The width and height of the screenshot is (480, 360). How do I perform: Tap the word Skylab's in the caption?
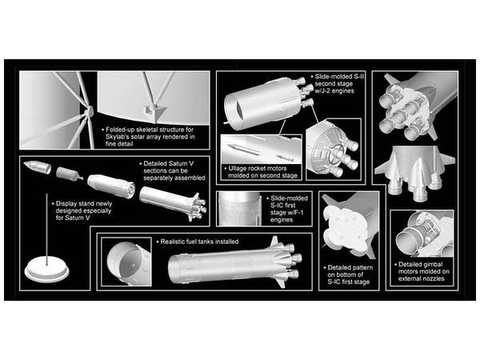point(118,137)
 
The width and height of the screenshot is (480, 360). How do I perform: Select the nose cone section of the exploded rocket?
point(37,167)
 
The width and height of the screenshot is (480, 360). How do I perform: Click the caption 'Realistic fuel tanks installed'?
point(199,242)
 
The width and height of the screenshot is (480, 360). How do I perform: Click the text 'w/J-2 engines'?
point(334,91)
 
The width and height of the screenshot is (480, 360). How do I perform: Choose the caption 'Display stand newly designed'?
point(83,207)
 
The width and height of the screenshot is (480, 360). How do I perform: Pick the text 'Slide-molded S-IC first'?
point(289,202)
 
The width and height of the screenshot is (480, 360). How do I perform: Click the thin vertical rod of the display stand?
point(46,228)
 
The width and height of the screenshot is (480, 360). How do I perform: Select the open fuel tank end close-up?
point(126,262)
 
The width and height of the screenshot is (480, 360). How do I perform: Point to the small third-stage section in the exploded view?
point(70,174)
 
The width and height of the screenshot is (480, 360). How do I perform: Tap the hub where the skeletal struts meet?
point(89,112)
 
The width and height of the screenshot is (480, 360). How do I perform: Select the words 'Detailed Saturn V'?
point(168,163)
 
